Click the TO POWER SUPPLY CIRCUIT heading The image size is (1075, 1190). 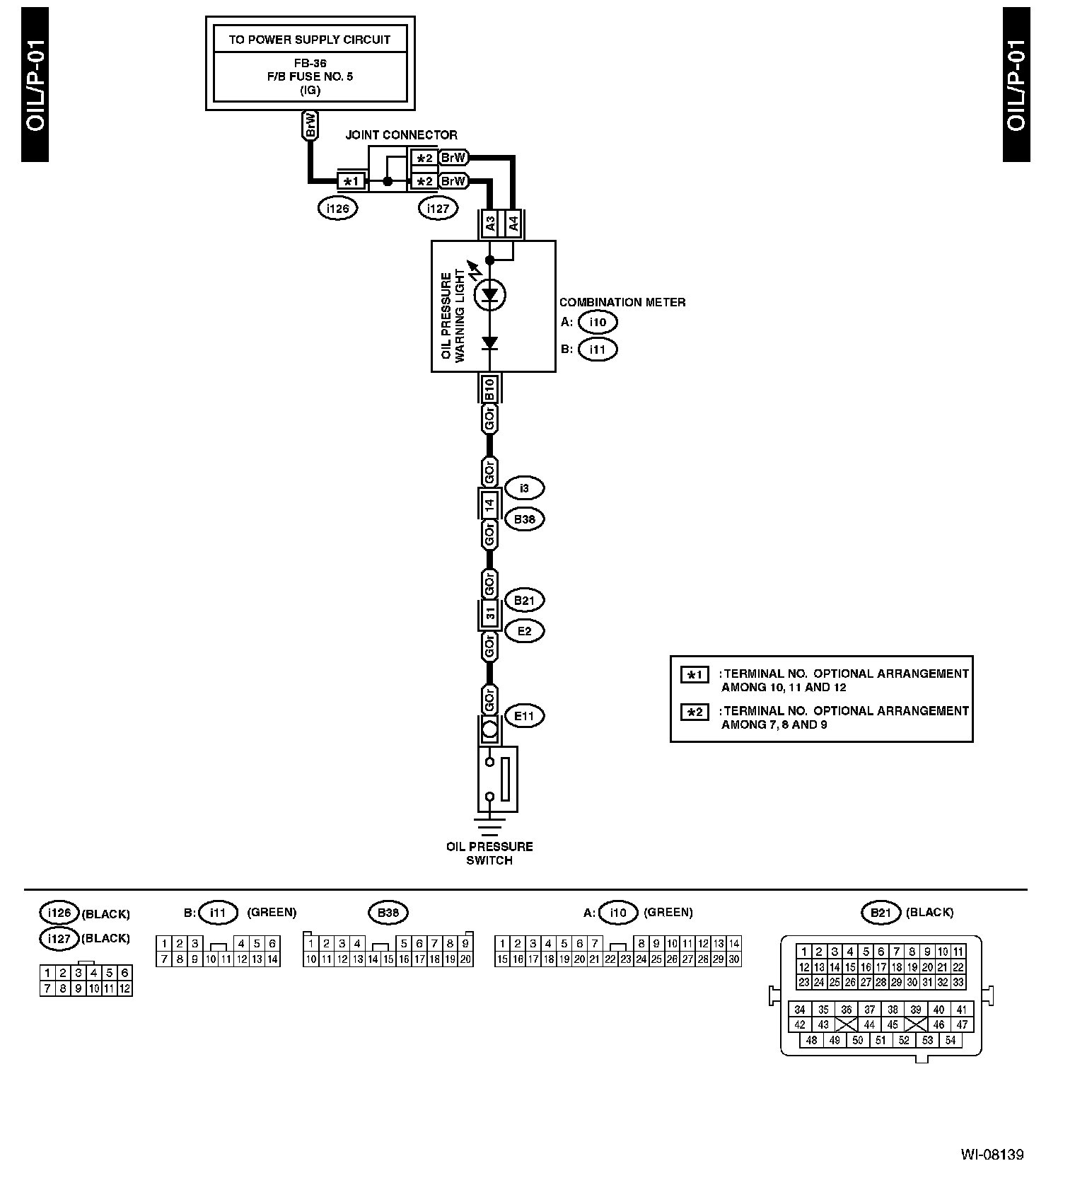pyautogui.click(x=309, y=40)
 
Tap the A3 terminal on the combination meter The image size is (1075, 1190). pyautogui.click(x=490, y=224)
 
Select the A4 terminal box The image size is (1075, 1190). pyautogui.click(x=513, y=224)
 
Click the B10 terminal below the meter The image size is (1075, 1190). pyautogui.click(x=489, y=388)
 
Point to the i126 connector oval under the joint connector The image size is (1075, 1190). pyautogui.click(x=338, y=209)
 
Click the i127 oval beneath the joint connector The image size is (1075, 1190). pyautogui.click(x=438, y=209)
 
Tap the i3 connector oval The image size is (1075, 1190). pyautogui.click(x=524, y=488)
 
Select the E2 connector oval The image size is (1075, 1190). pyautogui.click(x=524, y=631)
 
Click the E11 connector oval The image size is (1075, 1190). pyautogui.click(x=524, y=716)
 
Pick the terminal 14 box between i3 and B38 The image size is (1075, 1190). pyautogui.click(x=489, y=504)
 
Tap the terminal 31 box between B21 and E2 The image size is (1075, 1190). pyautogui.click(x=489, y=615)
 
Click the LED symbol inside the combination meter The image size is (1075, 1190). pyautogui.click(x=489, y=296)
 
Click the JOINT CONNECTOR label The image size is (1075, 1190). pyautogui.click(x=401, y=135)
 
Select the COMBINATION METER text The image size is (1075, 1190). pyautogui.click(x=622, y=302)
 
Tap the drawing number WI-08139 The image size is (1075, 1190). pyautogui.click(x=992, y=1155)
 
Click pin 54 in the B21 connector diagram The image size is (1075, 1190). pyautogui.click(x=951, y=1040)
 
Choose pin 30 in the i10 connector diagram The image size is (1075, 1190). pyautogui.click(x=734, y=959)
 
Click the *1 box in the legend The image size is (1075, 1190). pyautogui.click(x=695, y=674)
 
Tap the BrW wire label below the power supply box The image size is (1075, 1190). pyautogui.click(x=310, y=126)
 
